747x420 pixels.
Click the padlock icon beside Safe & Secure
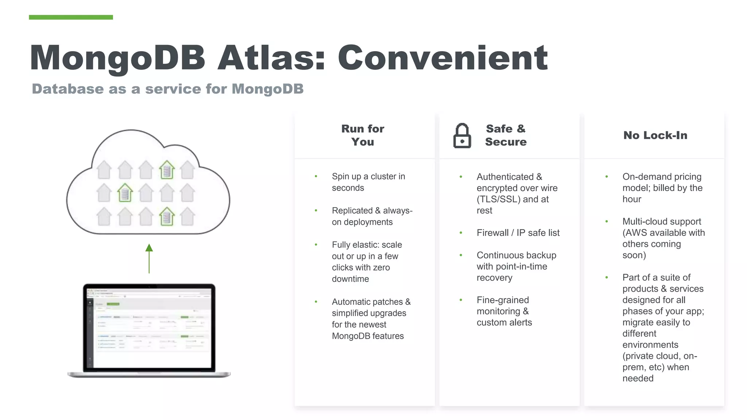[x=462, y=136]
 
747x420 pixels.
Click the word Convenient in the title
[x=442, y=58]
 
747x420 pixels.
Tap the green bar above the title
[x=71, y=17]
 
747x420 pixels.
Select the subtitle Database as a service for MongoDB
[x=167, y=89]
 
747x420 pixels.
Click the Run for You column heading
[x=363, y=135]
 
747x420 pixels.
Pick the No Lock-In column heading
[x=655, y=135]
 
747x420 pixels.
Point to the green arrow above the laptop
[x=149, y=258]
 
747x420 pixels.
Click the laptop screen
[x=149, y=327]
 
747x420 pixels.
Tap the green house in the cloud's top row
[x=167, y=170]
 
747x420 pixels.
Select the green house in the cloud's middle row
[x=125, y=193]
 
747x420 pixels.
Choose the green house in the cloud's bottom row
[x=167, y=216]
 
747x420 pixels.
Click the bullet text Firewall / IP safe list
[x=518, y=233]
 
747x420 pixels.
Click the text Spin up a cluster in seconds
[x=368, y=182]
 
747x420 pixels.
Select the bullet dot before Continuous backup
[x=461, y=255]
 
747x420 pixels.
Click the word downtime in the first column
[x=350, y=279]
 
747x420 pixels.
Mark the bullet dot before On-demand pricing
[x=606, y=177]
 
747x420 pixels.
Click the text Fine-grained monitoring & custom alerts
[x=504, y=311]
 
